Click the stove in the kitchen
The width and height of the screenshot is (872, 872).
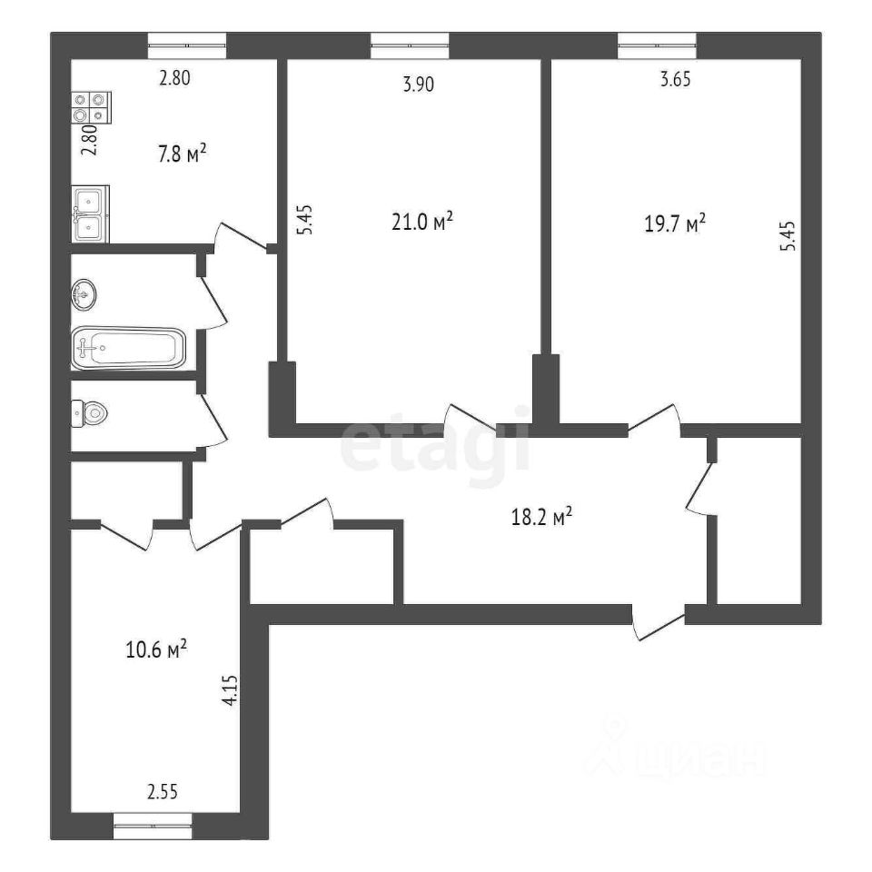[x=91, y=107]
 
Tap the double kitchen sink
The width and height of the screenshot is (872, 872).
[x=90, y=214]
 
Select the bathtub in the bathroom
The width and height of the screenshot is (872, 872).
[x=128, y=349]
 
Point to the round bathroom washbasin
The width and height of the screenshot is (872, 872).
[x=84, y=293]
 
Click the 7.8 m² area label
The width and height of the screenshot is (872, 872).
[x=183, y=153]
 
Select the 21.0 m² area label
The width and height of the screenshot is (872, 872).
[x=422, y=222]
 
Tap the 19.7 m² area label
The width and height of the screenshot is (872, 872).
[x=675, y=224]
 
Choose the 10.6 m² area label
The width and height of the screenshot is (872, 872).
[x=156, y=649]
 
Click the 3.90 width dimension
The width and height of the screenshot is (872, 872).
[x=418, y=84]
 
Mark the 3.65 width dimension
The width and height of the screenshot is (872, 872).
[x=675, y=80]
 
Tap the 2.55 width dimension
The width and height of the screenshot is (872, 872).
[x=163, y=791]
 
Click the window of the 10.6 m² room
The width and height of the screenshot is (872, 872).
[x=153, y=826]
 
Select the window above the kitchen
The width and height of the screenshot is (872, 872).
[x=187, y=45]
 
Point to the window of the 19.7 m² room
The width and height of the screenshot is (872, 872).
[x=657, y=45]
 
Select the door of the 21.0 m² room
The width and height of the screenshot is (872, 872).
[x=472, y=418]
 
